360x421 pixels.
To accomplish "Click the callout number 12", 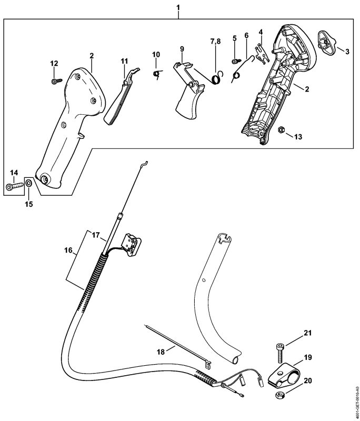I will (x=54, y=63).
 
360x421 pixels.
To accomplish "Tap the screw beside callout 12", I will (x=55, y=81).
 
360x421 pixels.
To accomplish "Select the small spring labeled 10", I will (x=156, y=73).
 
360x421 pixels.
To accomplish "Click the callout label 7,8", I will (x=216, y=41).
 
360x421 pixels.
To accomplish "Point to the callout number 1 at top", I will (x=178, y=8).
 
